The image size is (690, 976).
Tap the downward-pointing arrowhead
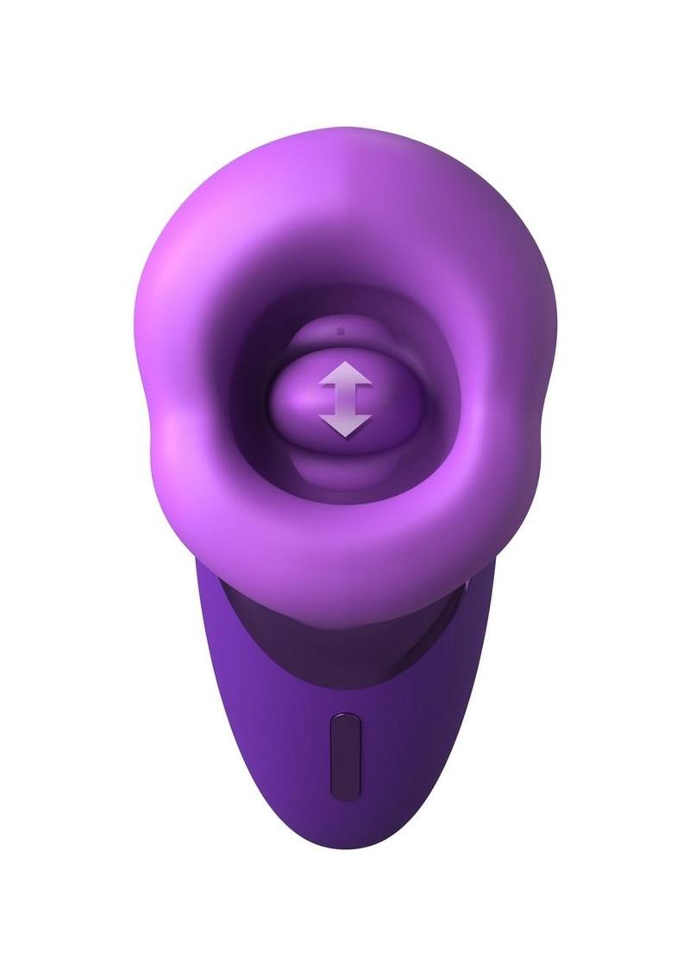click(x=345, y=422)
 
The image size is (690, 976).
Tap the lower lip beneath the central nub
click(x=345, y=470)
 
